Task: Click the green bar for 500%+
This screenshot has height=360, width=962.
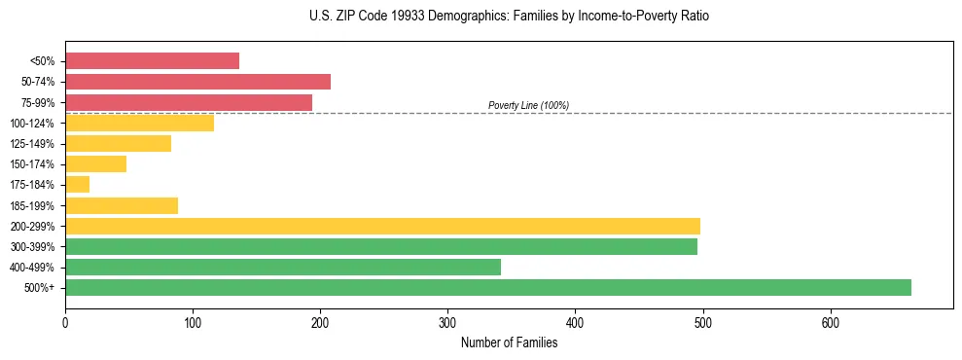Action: point(487,287)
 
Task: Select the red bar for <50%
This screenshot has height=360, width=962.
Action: point(152,61)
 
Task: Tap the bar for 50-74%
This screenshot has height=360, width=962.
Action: point(197,82)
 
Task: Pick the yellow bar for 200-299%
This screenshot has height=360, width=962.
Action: point(382,226)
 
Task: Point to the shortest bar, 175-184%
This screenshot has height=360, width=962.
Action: point(77,185)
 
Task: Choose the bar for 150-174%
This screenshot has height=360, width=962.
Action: point(95,163)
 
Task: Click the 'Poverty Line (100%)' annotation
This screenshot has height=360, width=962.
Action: point(528,105)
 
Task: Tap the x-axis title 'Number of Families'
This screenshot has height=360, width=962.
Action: point(509,342)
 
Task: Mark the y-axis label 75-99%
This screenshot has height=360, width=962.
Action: point(38,102)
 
